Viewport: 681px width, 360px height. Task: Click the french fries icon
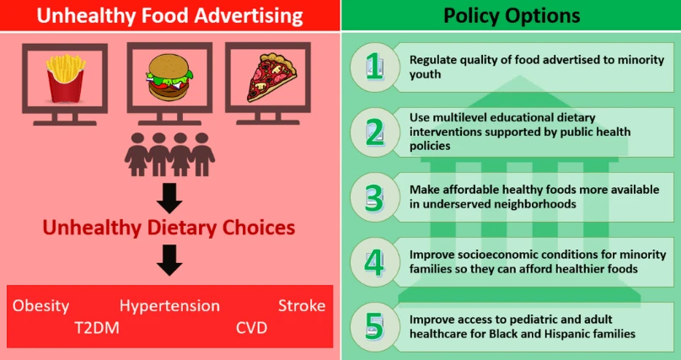click(x=65, y=78)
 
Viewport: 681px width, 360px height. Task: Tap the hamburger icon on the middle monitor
click(x=169, y=78)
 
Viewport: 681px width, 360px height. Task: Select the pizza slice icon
click(x=271, y=78)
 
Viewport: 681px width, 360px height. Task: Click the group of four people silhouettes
click(x=169, y=154)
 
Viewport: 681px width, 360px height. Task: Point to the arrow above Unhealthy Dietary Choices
click(x=169, y=198)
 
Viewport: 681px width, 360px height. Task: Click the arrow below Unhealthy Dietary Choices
click(x=169, y=261)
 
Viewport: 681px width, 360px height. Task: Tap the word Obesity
click(x=40, y=306)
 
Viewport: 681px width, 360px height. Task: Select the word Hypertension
click(x=169, y=306)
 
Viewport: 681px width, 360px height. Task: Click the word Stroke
click(x=302, y=306)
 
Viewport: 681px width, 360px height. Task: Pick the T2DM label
click(x=97, y=328)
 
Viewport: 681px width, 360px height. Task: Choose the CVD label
click(x=252, y=328)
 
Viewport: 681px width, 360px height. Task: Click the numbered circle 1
click(x=375, y=67)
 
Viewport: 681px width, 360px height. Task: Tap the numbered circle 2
click(x=375, y=132)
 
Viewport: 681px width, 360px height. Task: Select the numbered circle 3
click(x=375, y=197)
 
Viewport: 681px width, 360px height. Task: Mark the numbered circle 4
click(x=375, y=262)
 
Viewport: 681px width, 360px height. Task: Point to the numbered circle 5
click(x=375, y=327)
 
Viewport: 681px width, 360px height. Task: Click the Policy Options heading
click(x=512, y=16)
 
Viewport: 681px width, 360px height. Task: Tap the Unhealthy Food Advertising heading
click(x=169, y=16)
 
